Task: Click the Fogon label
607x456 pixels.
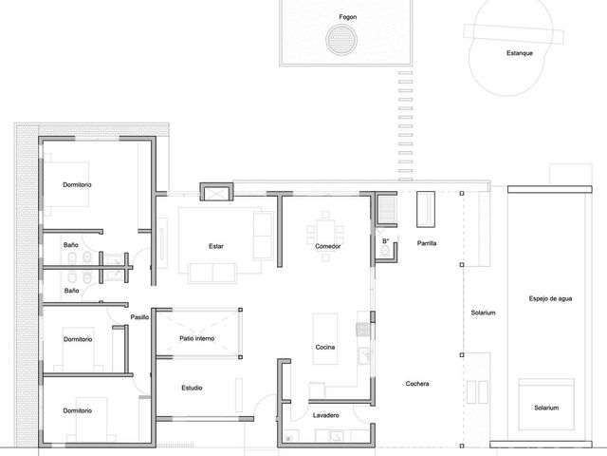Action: click(348, 17)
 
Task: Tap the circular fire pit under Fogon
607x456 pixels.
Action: click(341, 40)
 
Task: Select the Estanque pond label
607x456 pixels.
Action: click(520, 53)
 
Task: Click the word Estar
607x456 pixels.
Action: click(216, 246)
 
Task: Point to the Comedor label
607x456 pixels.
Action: click(328, 246)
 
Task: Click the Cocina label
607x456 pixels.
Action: click(325, 347)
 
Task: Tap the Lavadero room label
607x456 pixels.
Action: click(326, 415)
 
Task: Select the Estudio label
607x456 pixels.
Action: click(192, 388)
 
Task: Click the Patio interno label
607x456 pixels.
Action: click(196, 338)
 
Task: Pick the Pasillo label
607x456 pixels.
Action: click(139, 317)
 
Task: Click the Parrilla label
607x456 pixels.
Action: click(427, 243)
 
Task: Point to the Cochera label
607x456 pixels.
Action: click(417, 384)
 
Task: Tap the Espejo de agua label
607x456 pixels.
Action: click(550, 298)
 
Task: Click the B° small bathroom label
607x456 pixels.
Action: click(386, 241)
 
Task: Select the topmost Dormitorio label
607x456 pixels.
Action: click(78, 185)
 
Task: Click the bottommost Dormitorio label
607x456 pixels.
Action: click(78, 410)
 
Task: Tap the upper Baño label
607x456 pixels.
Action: click(71, 245)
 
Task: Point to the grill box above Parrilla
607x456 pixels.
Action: click(426, 209)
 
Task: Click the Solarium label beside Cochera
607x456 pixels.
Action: click(483, 313)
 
